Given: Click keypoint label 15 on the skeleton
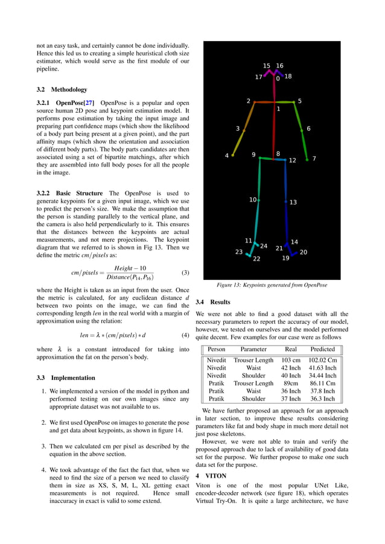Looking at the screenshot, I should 267,66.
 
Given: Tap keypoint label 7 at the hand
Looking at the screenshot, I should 314,159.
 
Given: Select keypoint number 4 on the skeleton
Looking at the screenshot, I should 227,156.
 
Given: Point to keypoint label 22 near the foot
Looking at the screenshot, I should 256,259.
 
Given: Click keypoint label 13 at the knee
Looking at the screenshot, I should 293,203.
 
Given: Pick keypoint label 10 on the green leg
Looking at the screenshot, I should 253,200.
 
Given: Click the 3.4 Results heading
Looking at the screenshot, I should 213,302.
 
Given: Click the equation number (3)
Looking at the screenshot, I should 185,273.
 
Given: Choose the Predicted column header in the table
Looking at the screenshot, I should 322,349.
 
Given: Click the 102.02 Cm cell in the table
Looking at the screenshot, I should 322,360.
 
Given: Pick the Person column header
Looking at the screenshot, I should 217,349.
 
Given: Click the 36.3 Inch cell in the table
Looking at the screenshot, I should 322,399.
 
